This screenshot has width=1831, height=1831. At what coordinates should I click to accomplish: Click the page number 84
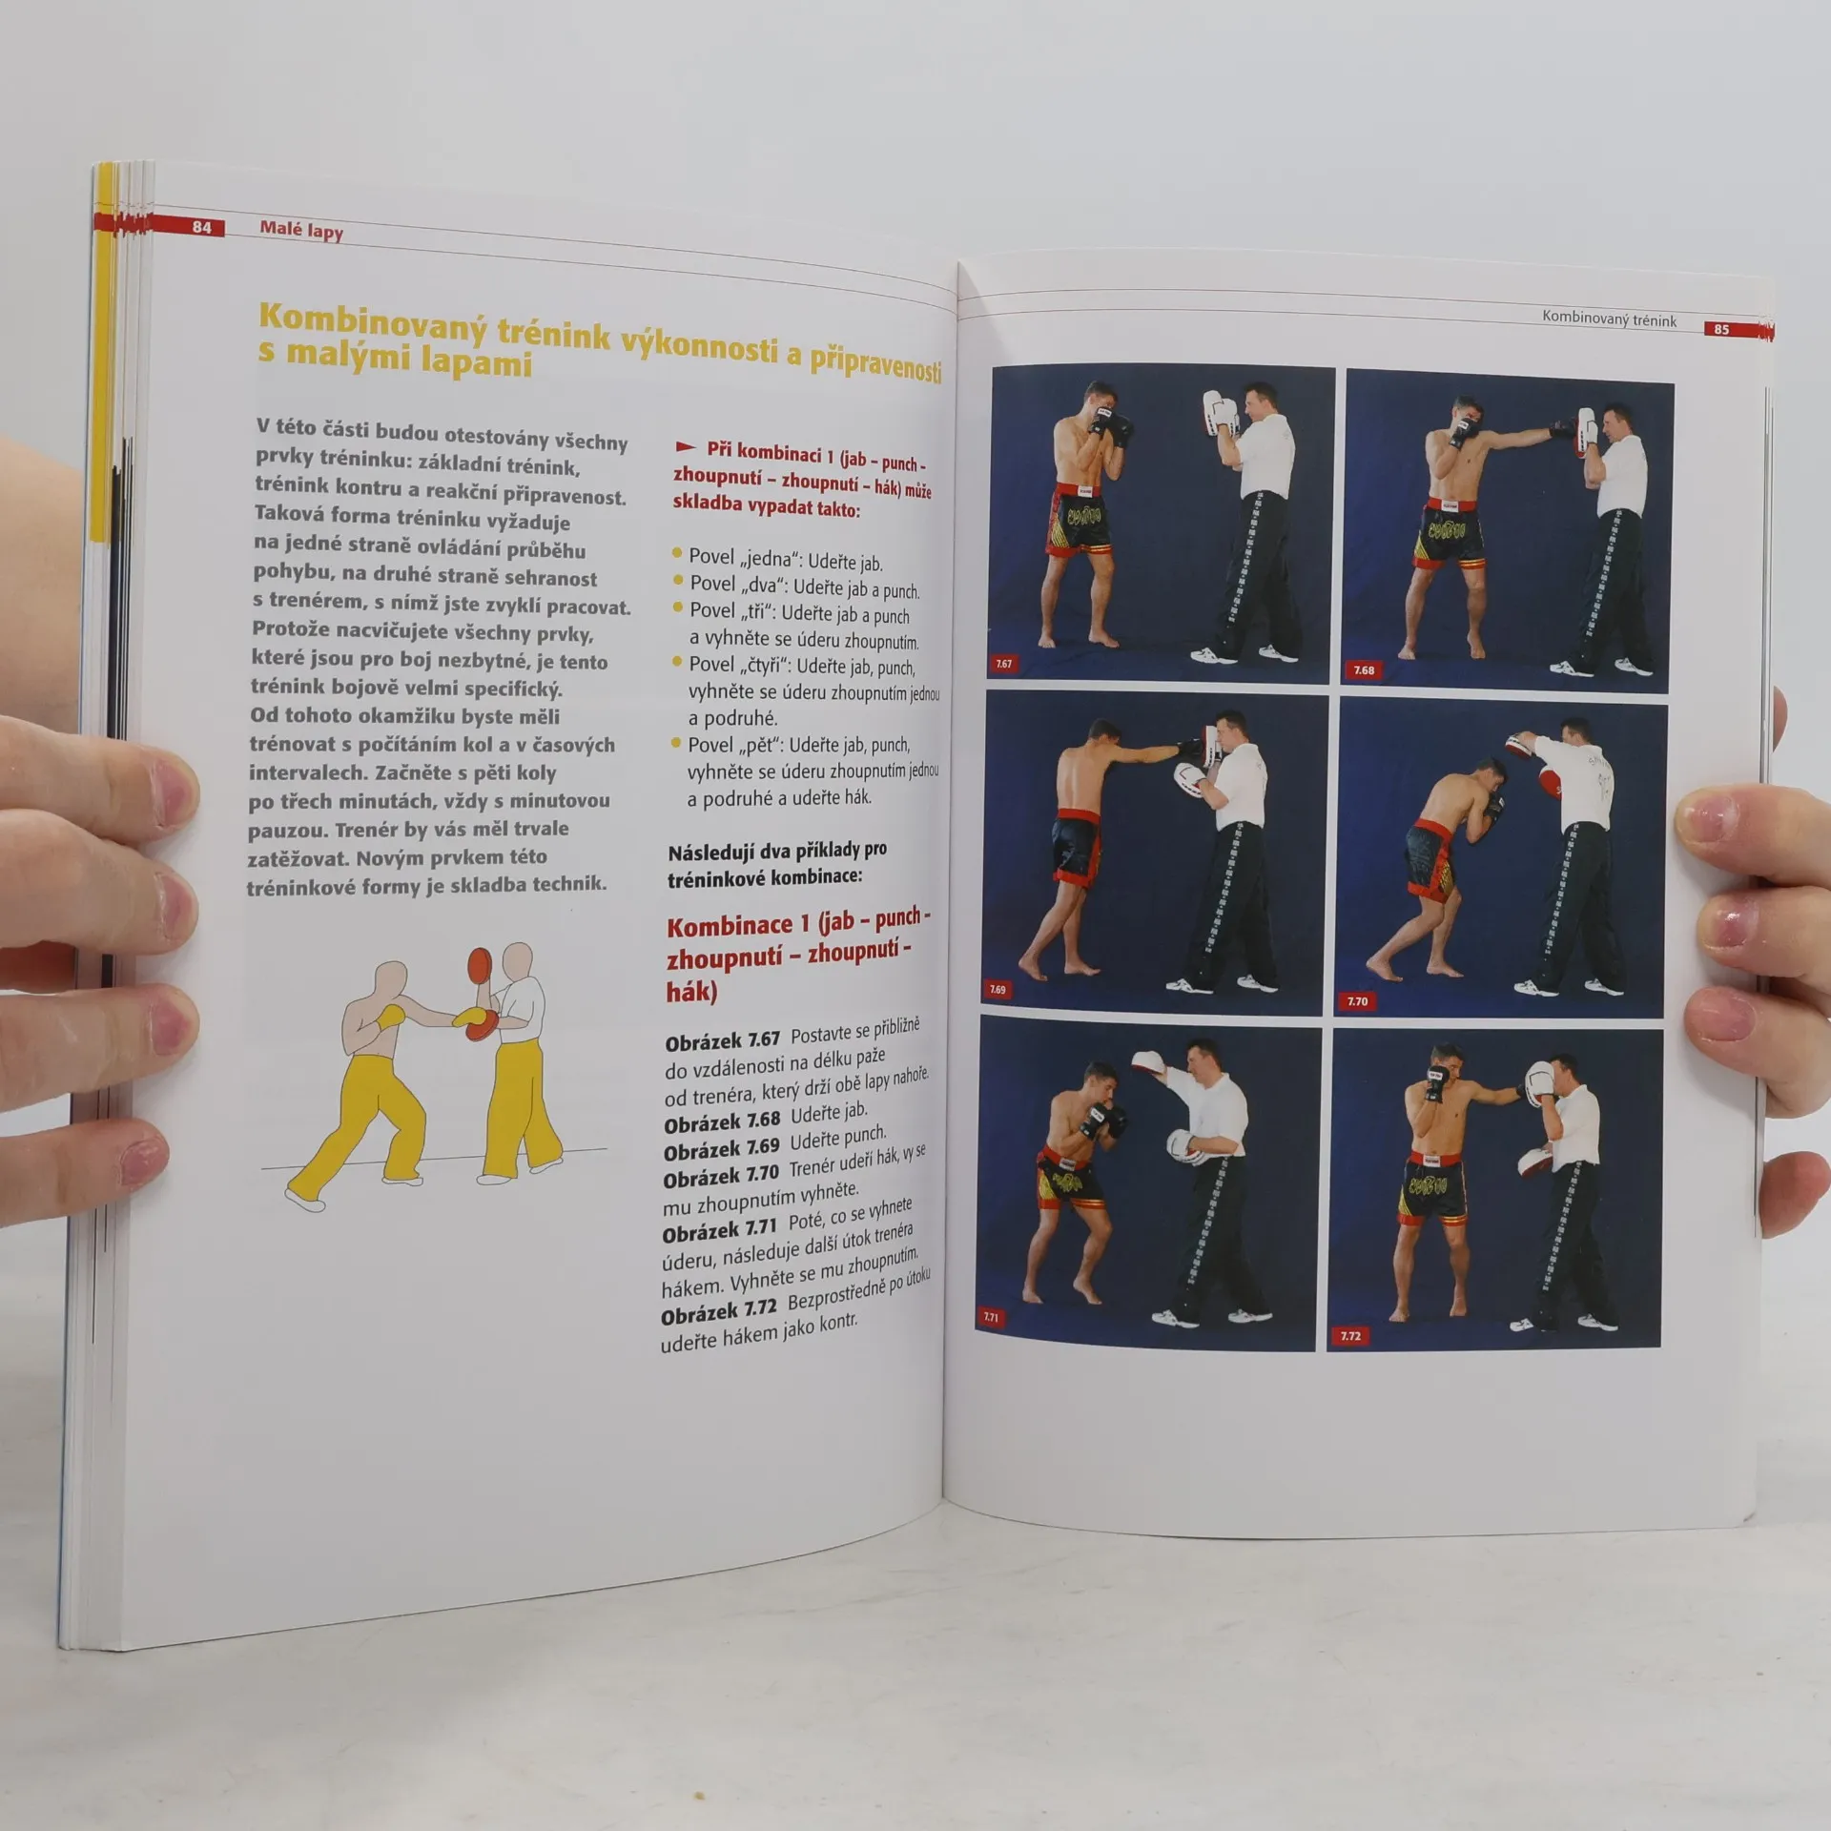pos(201,227)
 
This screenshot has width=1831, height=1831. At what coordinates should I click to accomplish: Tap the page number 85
pos(1721,329)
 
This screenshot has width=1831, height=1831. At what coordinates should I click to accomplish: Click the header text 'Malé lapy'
pos(301,230)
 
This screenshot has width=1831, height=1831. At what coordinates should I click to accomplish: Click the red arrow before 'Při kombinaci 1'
pos(685,446)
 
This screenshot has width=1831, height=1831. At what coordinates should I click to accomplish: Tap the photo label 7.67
pos(1003,664)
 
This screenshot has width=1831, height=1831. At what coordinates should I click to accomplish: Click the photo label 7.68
pos(1364,670)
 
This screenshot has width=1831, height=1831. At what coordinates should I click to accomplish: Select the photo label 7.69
pos(998,989)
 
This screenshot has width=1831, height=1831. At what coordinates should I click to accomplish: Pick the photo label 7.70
pos(1357,1001)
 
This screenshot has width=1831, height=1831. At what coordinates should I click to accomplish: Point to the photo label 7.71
pos(991,1317)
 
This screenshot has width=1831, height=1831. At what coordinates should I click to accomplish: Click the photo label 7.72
pos(1350,1335)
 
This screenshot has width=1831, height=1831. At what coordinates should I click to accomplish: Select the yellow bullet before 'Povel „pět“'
pos(677,743)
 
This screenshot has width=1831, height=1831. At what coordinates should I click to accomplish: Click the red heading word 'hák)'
pos(692,992)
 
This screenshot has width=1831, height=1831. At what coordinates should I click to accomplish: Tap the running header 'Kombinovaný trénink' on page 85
pos(1609,319)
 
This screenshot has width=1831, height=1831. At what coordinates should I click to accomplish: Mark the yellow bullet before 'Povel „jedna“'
pos(678,553)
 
